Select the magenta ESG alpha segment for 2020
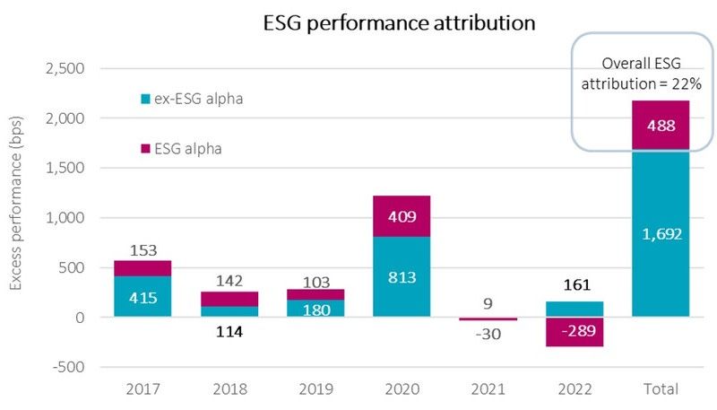402,215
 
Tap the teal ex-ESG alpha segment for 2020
402,276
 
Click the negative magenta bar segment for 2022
574,332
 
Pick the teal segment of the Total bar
661,233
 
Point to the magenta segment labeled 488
661,126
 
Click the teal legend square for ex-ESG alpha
144,99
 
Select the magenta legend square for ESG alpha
144,149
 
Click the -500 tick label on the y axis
66,367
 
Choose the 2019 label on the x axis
315,389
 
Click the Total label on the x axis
661,389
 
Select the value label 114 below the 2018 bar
229,332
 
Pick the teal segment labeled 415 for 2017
143,296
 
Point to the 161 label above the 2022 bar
574,286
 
